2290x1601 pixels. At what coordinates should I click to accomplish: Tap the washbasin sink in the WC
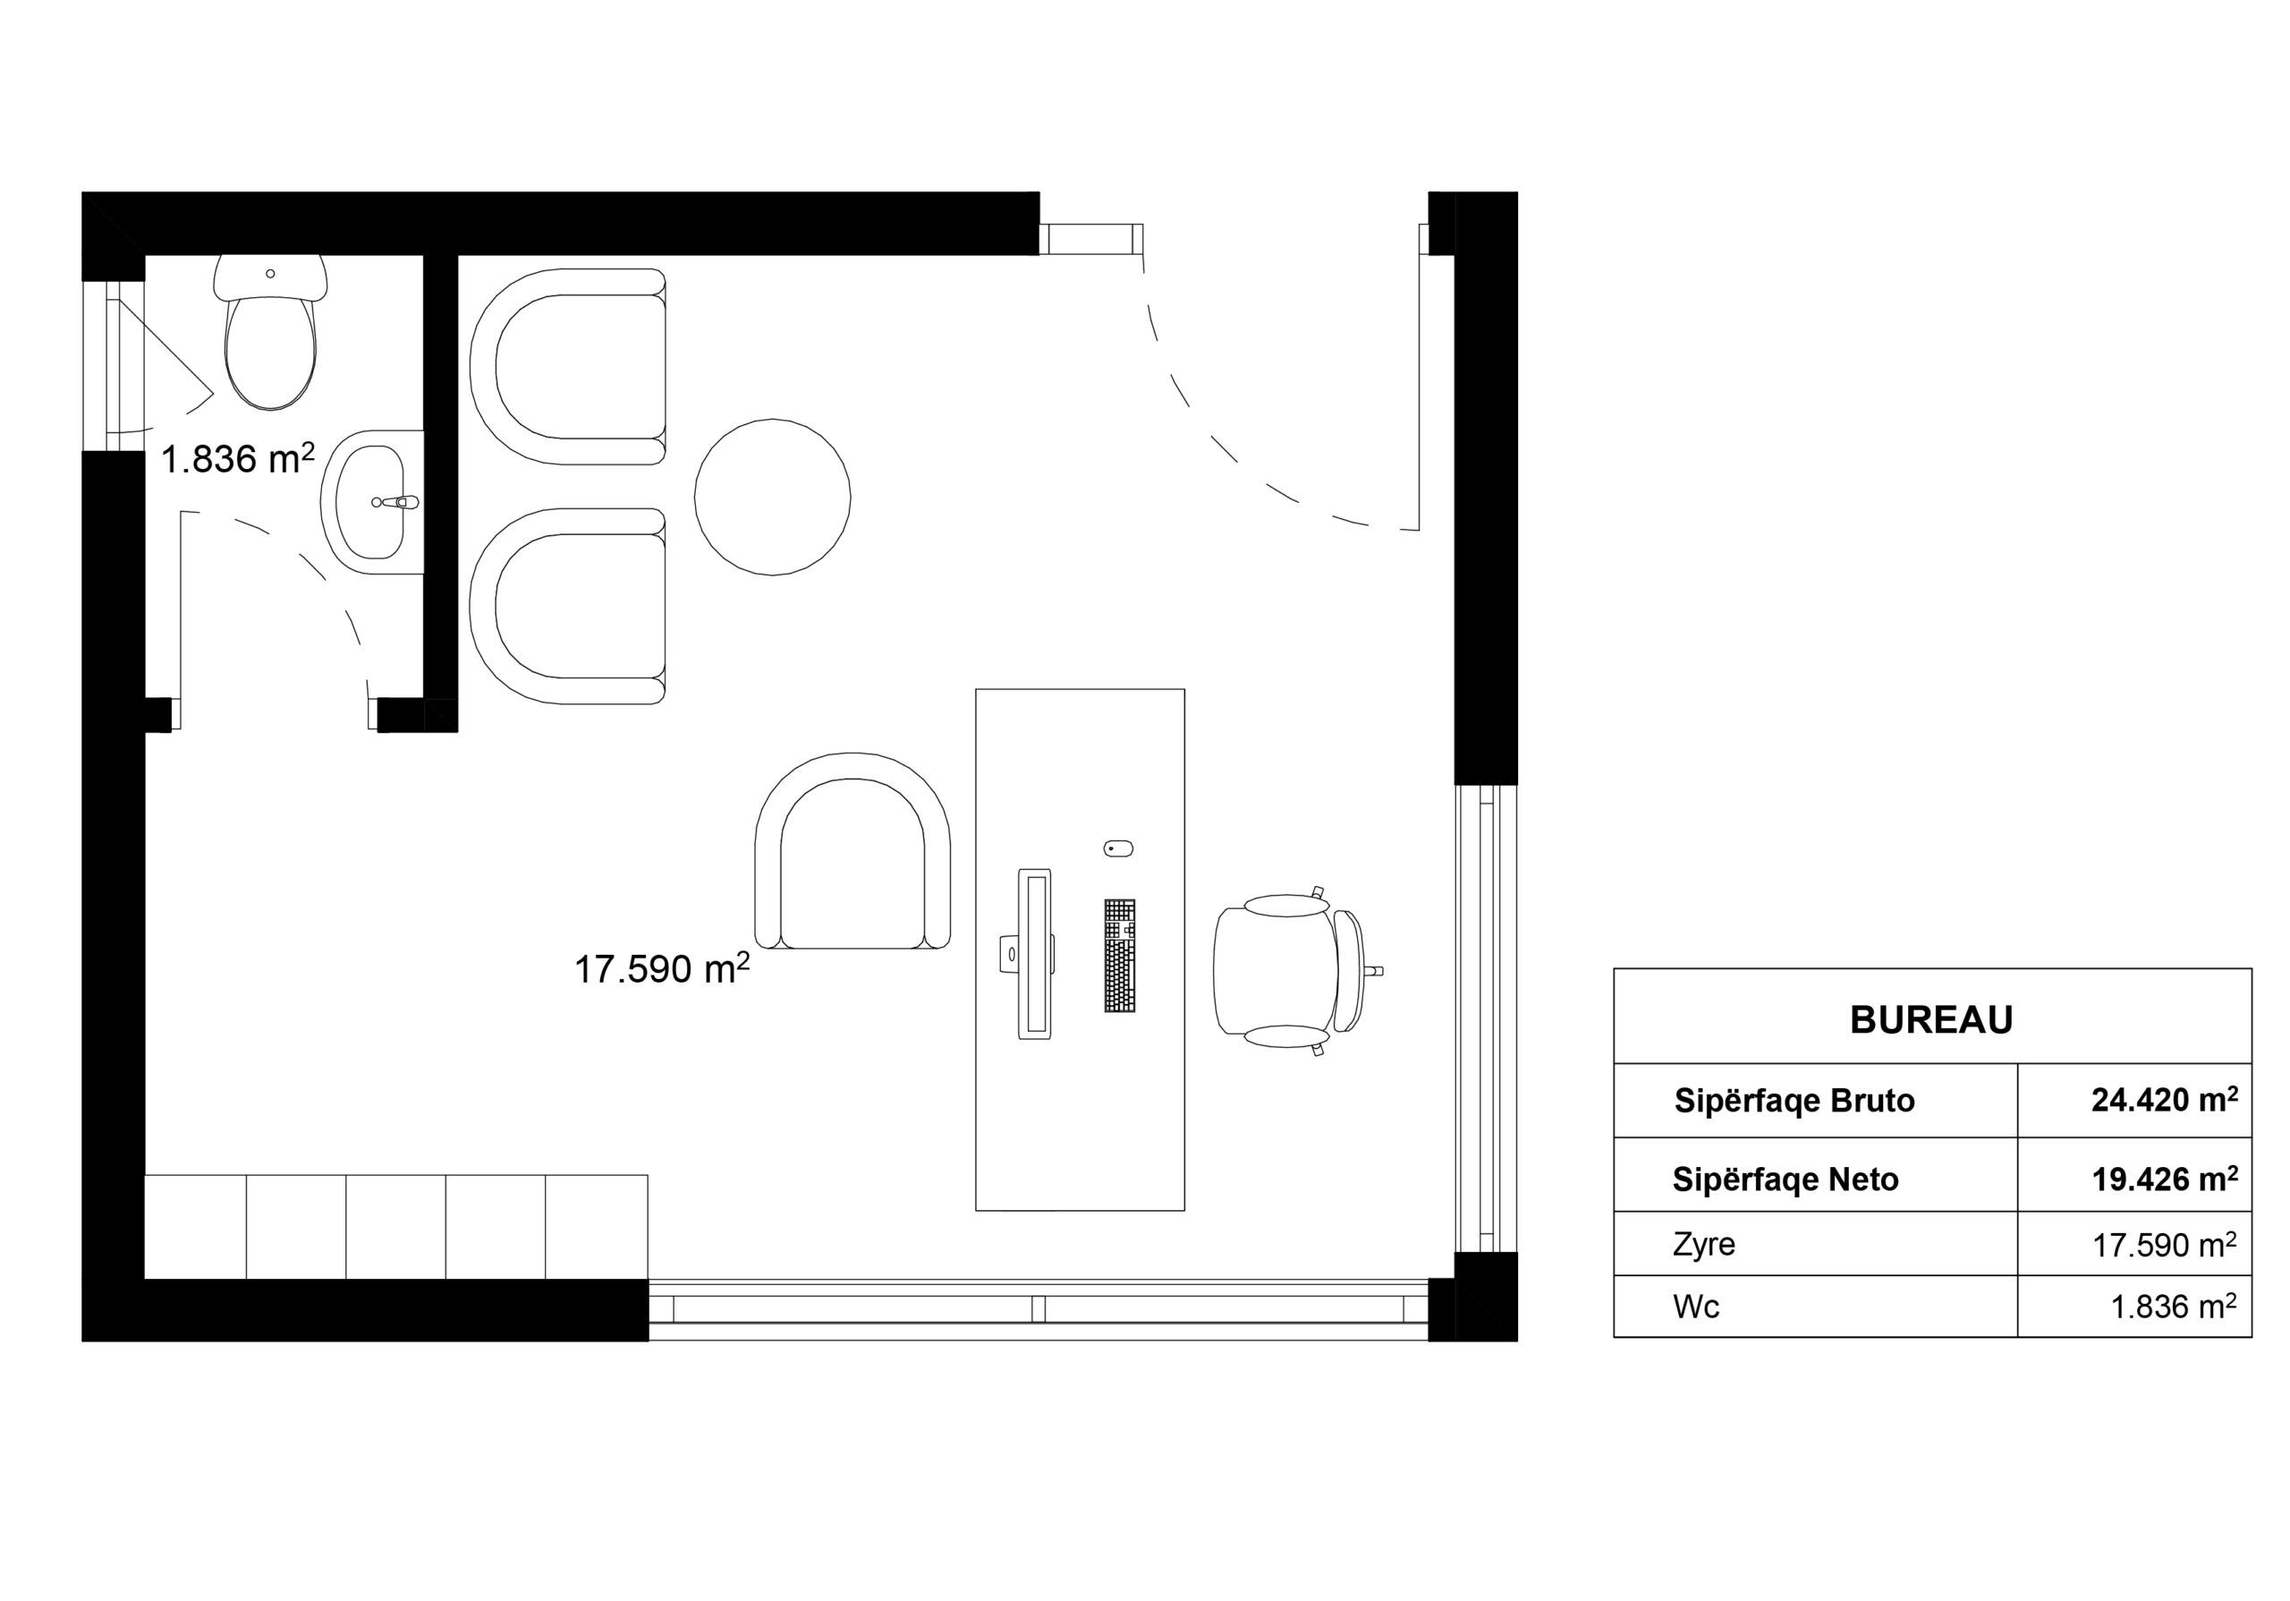(371, 502)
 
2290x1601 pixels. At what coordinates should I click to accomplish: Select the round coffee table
(772, 497)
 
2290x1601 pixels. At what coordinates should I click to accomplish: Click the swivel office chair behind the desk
(1292, 971)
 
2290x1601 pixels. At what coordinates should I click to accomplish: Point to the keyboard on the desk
(1119, 956)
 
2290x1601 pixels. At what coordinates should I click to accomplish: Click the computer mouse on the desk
(1118, 849)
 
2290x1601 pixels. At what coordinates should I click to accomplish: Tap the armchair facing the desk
(852, 851)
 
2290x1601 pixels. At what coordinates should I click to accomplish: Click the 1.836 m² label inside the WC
(237, 458)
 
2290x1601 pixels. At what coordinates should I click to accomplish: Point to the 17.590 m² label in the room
(661, 967)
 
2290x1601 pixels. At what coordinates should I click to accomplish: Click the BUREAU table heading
(1931, 1019)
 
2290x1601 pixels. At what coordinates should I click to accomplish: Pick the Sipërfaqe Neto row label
(1785, 1180)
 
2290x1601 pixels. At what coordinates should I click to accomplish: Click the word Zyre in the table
(1703, 1245)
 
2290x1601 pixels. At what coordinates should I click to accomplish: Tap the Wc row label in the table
(1695, 1307)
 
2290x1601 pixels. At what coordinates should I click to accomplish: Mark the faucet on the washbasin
(398, 502)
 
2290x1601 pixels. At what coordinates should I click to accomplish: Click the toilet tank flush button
(270, 273)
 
